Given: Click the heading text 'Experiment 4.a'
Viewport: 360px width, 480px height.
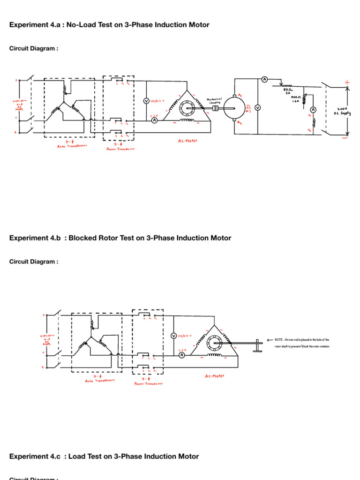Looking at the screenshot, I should (32, 25).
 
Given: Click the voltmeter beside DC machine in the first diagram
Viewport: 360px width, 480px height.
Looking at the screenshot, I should (257, 107).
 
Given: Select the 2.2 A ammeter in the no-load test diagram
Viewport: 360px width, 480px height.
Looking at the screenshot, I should (154, 120).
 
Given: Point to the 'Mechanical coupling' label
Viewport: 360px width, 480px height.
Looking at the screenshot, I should (213, 102).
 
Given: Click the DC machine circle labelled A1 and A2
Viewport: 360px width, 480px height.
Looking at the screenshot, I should (231, 108).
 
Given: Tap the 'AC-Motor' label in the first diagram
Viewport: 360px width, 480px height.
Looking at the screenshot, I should (187, 140).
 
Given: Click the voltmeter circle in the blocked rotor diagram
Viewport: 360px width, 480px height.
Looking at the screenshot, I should (173, 336).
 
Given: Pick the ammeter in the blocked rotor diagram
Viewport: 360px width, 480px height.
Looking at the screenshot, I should (182, 355).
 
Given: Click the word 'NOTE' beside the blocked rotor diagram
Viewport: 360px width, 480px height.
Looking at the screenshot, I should (279, 339).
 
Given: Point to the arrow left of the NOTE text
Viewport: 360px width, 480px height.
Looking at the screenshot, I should (270, 339).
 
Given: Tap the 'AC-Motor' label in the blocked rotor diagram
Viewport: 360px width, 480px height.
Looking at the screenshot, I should (215, 375).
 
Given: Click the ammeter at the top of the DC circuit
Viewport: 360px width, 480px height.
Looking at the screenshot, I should (264, 80).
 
